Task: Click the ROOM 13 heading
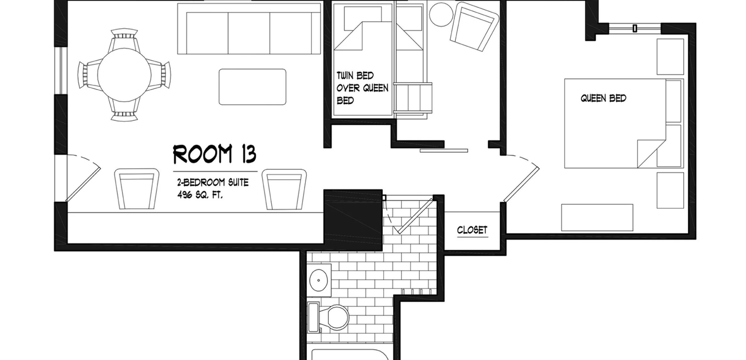(215, 154)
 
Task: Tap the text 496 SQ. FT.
(200, 195)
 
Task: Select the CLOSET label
(472, 230)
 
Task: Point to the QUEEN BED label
(603, 98)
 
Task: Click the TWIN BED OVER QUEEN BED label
(362, 88)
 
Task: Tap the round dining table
(124, 75)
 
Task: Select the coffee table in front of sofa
(253, 87)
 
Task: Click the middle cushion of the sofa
(249, 33)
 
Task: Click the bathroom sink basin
(318, 280)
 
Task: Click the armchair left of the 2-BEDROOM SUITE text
(136, 189)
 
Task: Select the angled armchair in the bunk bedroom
(474, 27)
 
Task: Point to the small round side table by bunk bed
(441, 14)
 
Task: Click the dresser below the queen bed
(597, 218)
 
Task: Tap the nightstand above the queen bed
(670, 57)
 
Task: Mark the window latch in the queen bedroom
(635, 28)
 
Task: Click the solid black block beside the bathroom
(353, 220)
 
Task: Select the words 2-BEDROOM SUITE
(213, 183)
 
